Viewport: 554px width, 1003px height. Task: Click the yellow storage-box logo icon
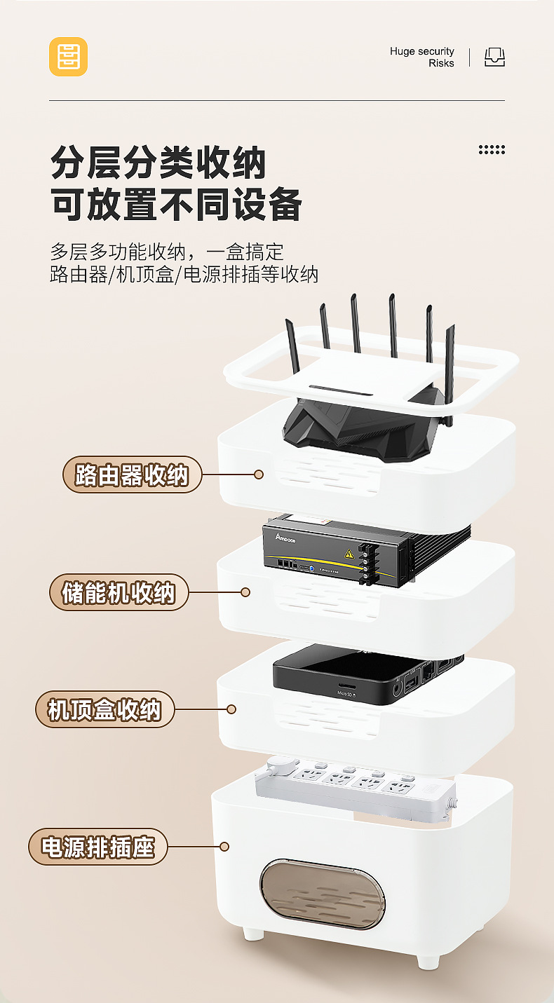tap(68, 57)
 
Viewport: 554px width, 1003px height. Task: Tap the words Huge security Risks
tap(422, 57)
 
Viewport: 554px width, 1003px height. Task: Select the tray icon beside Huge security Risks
tap(494, 57)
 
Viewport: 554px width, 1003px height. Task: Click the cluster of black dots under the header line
tap(492, 149)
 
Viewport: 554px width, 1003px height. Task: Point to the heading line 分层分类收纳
tap(158, 163)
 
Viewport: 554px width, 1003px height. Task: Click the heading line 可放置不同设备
tap(177, 205)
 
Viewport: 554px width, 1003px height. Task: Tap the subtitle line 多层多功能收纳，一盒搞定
tap(167, 252)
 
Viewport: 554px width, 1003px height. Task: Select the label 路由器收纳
tap(132, 475)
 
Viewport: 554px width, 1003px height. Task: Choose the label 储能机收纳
tap(119, 593)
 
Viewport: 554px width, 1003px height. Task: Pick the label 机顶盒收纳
tap(104, 709)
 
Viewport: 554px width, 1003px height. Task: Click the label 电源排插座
tap(97, 847)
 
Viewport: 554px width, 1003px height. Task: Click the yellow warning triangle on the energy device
tap(349, 554)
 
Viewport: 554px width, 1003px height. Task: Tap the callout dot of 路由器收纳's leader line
tap(259, 475)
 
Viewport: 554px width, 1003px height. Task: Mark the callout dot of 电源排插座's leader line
tap(224, 847)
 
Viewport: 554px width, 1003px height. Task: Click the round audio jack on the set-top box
tap(396, 688)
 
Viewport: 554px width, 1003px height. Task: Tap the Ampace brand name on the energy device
tap(288, 538)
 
